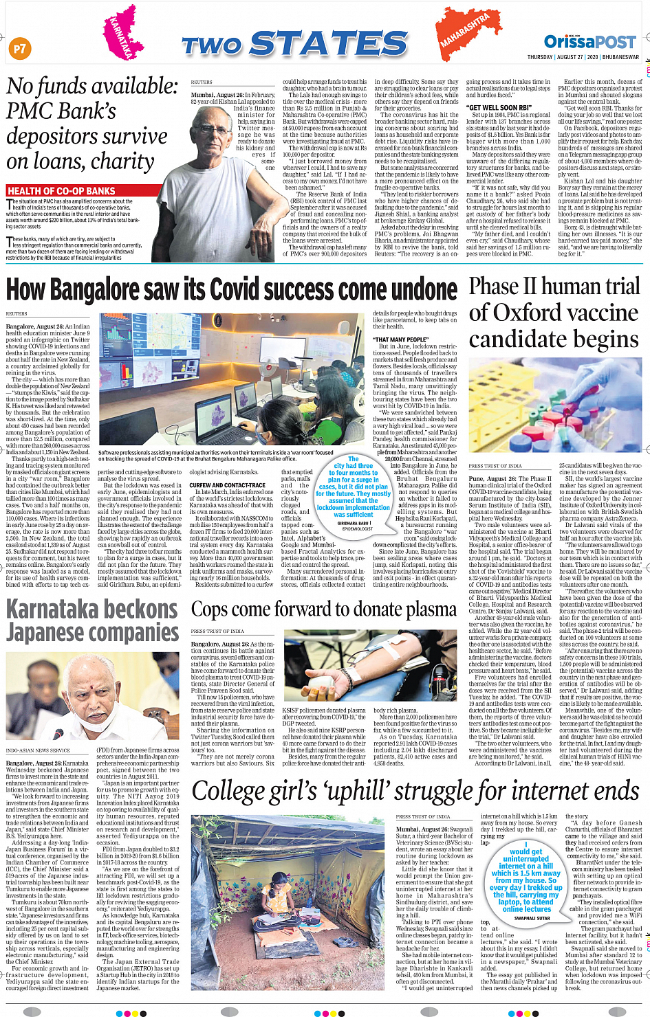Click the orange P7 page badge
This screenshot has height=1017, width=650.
pos(20,48)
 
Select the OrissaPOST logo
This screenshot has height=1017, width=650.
pos(589,42)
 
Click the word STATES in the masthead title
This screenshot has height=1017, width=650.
pos(329,45)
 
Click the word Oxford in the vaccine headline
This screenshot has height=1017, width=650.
pos(526,313)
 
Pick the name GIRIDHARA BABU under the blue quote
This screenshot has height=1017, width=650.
pos(352,523)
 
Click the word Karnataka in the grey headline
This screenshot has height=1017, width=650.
pos(91,610)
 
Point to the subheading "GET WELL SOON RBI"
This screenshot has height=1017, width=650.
pos(499,108)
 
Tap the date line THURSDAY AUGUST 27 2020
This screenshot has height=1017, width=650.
pos(583,57)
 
